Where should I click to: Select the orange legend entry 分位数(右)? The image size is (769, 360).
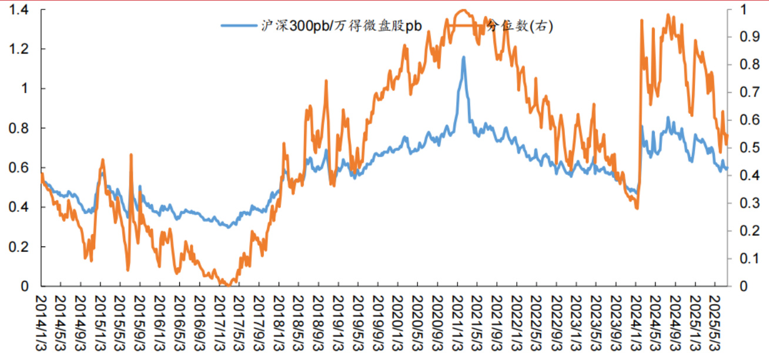click(x=520, y=26)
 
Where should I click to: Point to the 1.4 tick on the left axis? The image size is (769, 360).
click(x=21, y=9)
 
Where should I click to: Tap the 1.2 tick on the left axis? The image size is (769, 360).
click(x=21, y=49)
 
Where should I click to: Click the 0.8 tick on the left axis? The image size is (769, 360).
click(x=21, y=128)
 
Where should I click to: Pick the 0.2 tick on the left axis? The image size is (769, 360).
click(x=21, y=247)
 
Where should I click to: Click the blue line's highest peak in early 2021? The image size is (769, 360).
click(x=463, y=57)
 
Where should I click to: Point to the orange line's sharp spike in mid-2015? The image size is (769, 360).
click(x=131, y=155)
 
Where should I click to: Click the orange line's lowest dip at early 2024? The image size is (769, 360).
click(x=637, y=208)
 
